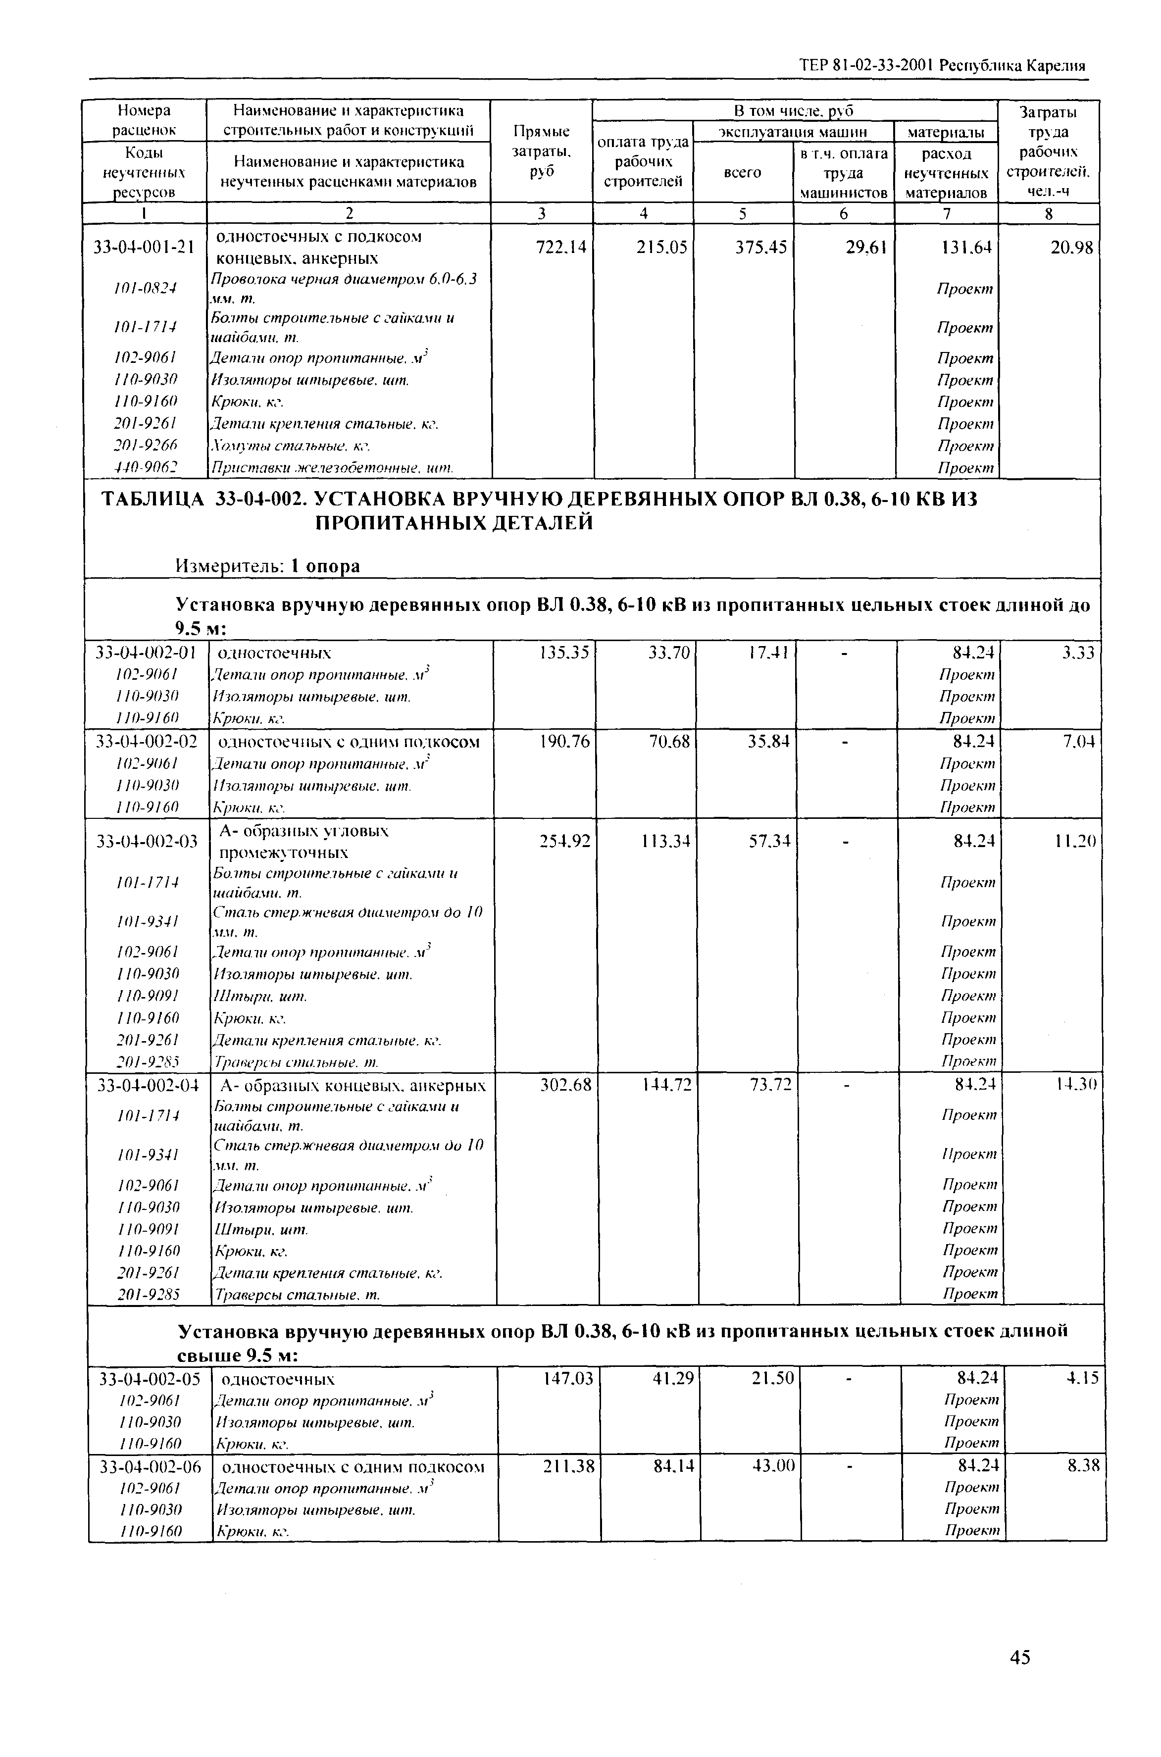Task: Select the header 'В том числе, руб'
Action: [795, 111]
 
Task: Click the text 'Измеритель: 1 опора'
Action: [267, 566]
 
